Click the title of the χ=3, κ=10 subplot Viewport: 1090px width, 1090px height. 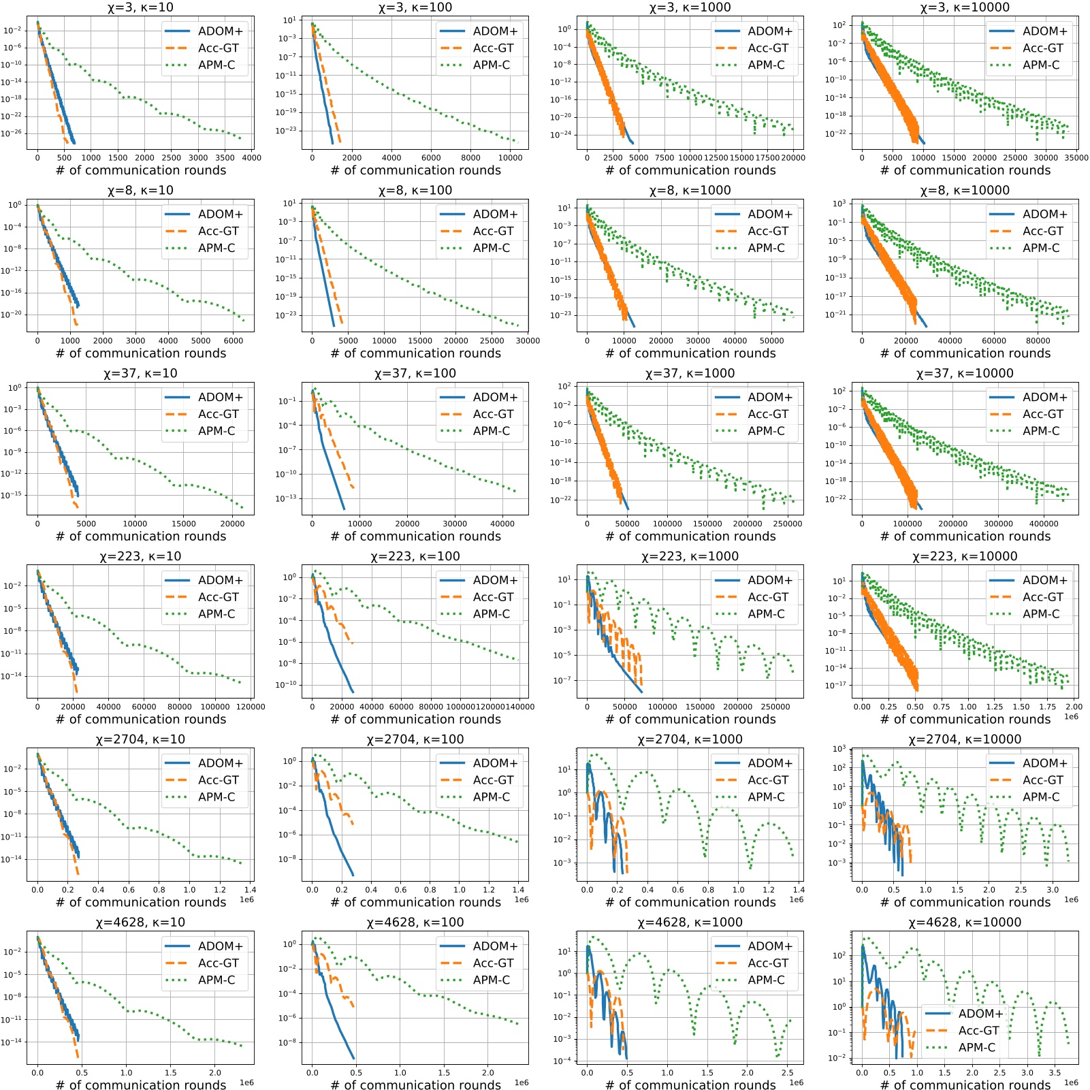click(140, 7)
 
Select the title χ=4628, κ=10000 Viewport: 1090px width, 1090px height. click(965, 923)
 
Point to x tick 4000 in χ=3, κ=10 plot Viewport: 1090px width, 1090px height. click(252, 158)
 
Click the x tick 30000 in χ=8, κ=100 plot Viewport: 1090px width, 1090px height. click(528, 341)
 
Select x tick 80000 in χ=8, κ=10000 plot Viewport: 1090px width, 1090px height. click(1038, 341)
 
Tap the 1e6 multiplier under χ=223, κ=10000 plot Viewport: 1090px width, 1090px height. click(1071, 717)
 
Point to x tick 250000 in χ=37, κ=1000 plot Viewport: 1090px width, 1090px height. click(788, 524)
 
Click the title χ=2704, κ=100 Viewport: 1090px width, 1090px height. click(415, 739)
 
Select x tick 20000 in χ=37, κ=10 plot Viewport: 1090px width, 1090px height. click(232, 524)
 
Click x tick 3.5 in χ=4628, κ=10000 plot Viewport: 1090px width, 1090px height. click(1055, 1073)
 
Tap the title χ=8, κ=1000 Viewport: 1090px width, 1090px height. click(690, 191)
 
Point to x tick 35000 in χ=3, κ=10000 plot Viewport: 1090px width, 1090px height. click(1076, 158)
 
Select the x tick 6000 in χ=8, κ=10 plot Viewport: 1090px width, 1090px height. click(233, 341)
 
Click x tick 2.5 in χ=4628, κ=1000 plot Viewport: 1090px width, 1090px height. click(788, 1073)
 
